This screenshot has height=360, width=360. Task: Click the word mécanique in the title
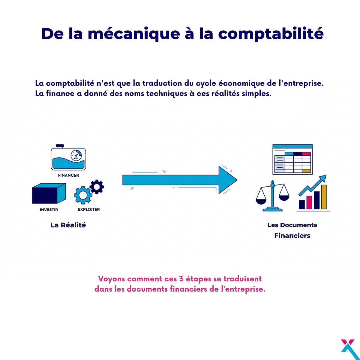tap(134, 34)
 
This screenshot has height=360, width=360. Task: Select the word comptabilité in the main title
tap(271, 34)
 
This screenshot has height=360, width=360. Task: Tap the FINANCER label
tap(68, 175)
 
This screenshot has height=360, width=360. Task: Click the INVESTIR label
tap(49, 210)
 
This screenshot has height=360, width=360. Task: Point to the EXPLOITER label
tap(89, 209)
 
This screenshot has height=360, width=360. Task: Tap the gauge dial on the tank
tap(76, 155)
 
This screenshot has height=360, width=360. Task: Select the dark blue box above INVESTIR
tap(49, 193)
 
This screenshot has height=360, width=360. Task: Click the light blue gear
tap(83, 195)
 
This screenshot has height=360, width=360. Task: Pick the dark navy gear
tap(97, 187)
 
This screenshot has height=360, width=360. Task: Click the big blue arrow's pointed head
tap(237, 180)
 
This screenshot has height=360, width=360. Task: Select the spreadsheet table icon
tap(292, 159)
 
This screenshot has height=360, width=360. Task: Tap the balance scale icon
tap(273, 196)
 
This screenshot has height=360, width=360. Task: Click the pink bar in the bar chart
tap(309, 202)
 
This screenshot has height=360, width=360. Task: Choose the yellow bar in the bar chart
tap(324, 197)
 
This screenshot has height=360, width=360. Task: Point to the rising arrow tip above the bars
tap(326, 175)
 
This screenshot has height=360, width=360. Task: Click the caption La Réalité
tap(68, 225)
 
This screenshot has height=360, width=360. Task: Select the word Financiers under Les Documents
tap(292, 235)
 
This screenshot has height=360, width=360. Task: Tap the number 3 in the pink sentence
tap(181, 279)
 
